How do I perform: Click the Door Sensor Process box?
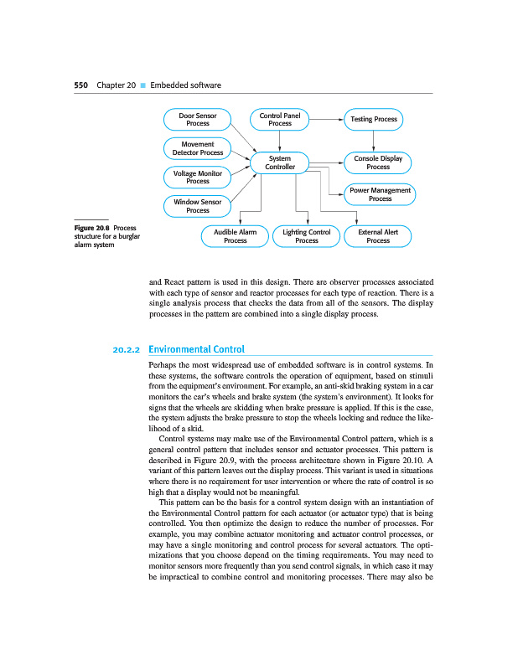[x=198, y=120]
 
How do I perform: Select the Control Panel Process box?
[x=280, y=120]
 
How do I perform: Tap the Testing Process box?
[x=374, y=120]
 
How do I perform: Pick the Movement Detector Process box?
[x=198, y=149]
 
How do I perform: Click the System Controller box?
[x=280, y=162]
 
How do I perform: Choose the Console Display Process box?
[x=378, y=162]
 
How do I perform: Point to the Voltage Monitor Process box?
[x=198, y=177]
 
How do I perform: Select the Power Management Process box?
[x=380, y=194]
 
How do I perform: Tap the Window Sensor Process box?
[x=198, y=206]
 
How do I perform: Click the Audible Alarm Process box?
[x=236, y=236]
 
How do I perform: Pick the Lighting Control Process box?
[x=307, y=236]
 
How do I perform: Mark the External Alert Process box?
[x=378, y=236]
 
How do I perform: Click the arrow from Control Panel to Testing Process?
[x=327, y=120]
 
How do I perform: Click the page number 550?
[x=81, y=85]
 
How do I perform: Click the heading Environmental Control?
[x=195, y=349]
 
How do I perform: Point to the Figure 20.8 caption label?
[x=92, y=228]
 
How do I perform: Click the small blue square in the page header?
[x=142, y=85]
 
